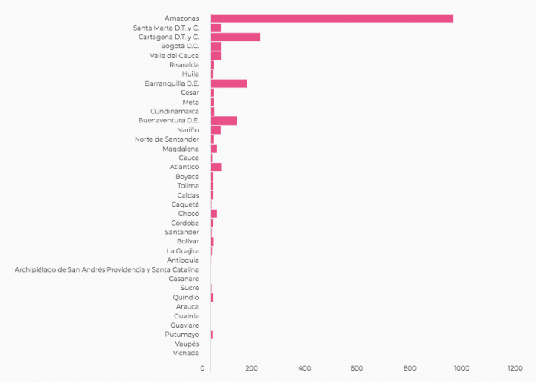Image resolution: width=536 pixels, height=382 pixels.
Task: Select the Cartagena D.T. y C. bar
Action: coord(235,37)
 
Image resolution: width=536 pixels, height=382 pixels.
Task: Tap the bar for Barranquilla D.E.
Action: coord(228,83)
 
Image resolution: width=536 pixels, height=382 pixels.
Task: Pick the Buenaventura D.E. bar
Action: coord(224,120)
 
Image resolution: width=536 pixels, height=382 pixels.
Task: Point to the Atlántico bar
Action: coord(216,167)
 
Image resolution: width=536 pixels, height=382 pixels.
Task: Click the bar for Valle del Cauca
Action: coord(216,55)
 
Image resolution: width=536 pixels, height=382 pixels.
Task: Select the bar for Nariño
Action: coord(215,130)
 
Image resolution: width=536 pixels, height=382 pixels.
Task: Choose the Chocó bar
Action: coord(214,214)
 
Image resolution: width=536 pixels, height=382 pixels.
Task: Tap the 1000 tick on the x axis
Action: coord(462,368)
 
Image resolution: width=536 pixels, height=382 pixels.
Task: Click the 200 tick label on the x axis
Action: coord(252,368)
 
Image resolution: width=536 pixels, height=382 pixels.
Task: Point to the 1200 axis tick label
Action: coord(515,368)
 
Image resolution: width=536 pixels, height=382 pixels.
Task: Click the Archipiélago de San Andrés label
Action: coord(107,269)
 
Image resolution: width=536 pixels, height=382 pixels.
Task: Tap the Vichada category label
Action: coord(186,353)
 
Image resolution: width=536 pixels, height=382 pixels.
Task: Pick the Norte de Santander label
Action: coord(167,139)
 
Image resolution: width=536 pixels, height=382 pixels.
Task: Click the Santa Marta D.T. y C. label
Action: coord(166,28)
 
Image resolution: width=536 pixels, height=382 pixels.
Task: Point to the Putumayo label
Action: coord(182,335)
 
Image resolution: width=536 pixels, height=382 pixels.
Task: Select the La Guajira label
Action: coord(183,250)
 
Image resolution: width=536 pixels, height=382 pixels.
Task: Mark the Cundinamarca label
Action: coord(175,111)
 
